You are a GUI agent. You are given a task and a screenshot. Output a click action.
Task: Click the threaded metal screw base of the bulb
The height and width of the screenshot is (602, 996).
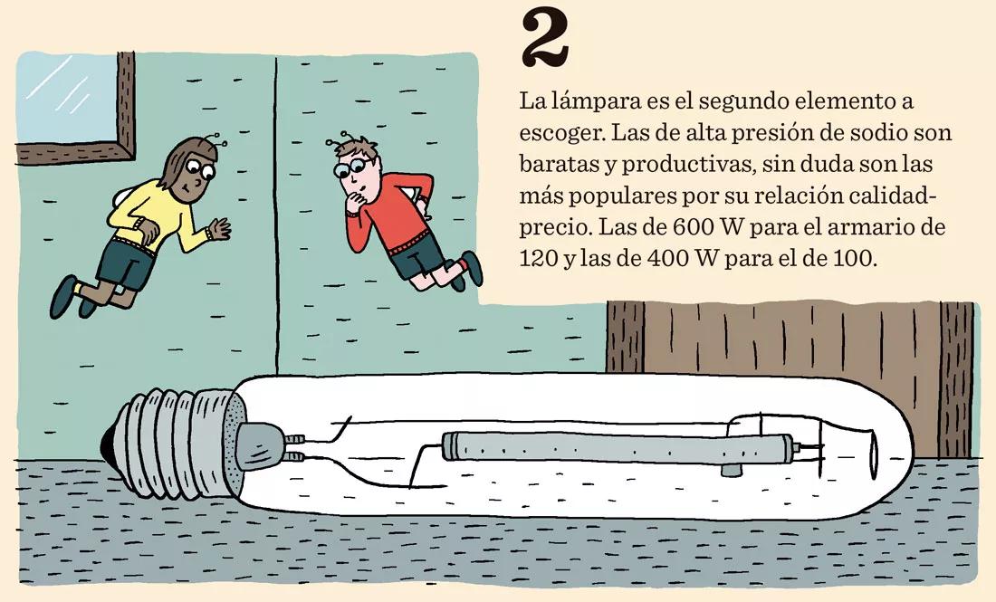coord(177,433)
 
